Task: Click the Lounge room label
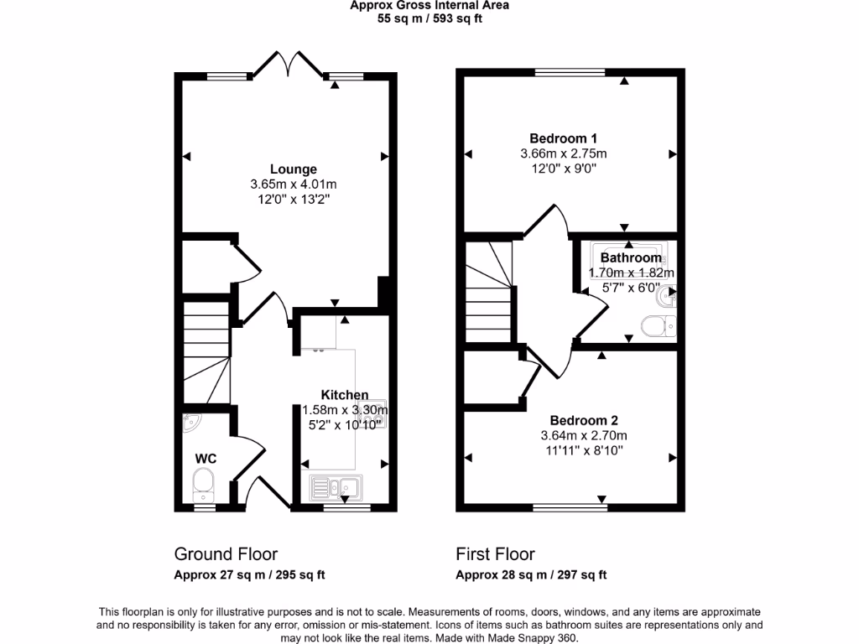[x=293, y=169]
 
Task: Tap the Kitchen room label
[x=344, y=395]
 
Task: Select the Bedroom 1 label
[x=563, y=138]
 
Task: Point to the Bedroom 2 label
[x=583, y=420]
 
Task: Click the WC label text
[x=206, y=459]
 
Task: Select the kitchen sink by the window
[x=334, y=486]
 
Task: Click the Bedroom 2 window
[x=570, y=506]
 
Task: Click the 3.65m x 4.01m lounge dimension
[x=293, y=184]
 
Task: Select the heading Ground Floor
[x=226, y=554]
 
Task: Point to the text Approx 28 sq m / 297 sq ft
[x=531, y=575]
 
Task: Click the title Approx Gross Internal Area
[x=429, y=5]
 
